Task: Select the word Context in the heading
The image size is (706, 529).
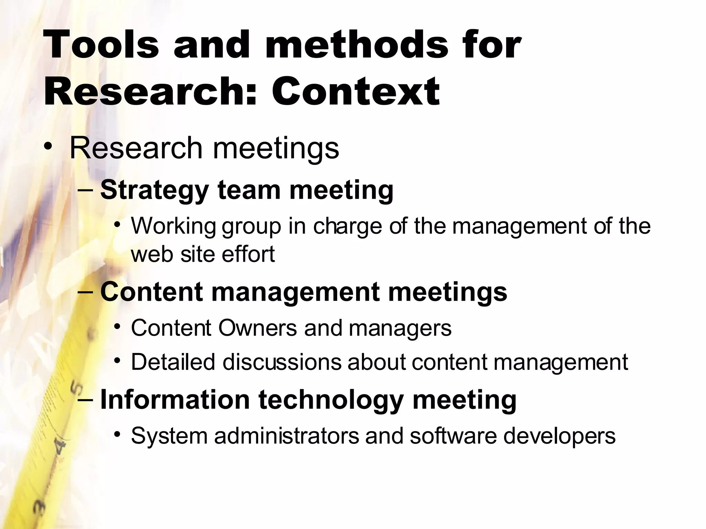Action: tap(355, 92)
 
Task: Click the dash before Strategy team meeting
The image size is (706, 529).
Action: tap(86, 190)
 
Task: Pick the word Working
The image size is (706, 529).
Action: tap(173, 227)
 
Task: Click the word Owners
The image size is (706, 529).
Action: tap(257, 328)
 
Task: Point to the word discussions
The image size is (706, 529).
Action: tap(282, 362)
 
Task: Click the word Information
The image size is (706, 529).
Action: tap(175, 400)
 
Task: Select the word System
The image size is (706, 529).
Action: tap(169, 436)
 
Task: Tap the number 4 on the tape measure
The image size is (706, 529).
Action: tap(61, 447)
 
